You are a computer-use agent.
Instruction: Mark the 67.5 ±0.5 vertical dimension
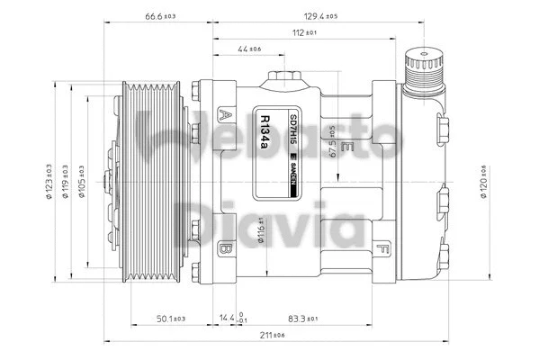point(332,141)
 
